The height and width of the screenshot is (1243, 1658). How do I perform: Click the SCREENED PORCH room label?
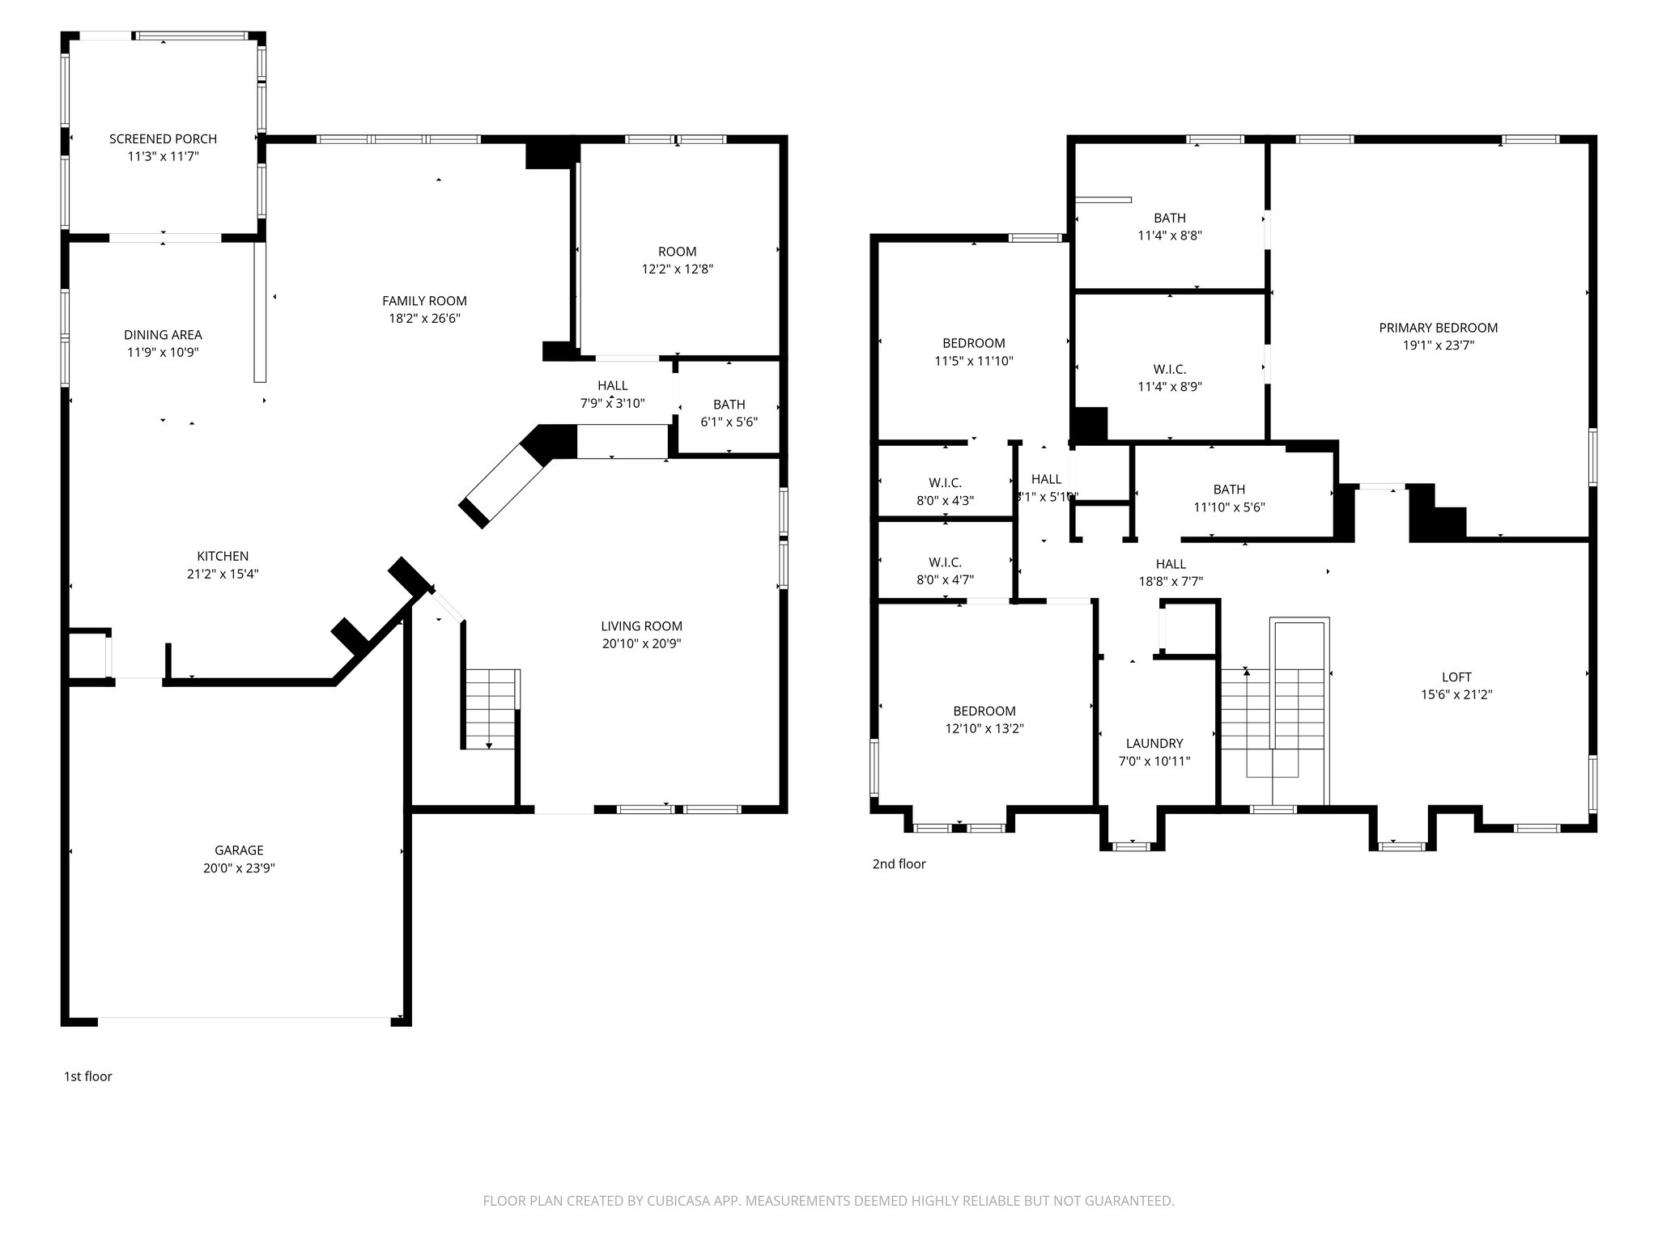pyautogui.click(x=163, y=139)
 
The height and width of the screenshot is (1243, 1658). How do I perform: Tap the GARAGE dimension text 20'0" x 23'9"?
pyautogui.click(x=239, y=868)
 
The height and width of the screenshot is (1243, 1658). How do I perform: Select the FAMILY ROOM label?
pyautogui.click(x=424, y=301)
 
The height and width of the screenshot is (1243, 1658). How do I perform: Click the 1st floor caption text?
pyautogui.click(x=87, y=1076)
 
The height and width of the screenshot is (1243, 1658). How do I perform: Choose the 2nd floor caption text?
pyautogui.click(x=899, y=863)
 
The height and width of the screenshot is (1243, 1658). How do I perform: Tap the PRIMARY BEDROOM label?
pyautogui.click(x=1438, y=328)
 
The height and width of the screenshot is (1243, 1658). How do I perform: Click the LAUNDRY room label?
pyautogui.click(x=1154, y=743)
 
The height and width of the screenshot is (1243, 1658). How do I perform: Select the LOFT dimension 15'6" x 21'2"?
pyautogui.click(x=1456, y=694)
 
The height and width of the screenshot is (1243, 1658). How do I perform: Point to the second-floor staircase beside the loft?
pyautogui.click(x=1274, y=712)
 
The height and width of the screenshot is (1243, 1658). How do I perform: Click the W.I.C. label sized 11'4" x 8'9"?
pyautogui.click(x=1170, y=369)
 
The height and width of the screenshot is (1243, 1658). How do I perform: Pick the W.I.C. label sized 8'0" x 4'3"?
pyautogui.click(x=945, y=483)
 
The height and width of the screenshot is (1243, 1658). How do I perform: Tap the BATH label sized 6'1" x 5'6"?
pyautogui.click(x=729, y=405)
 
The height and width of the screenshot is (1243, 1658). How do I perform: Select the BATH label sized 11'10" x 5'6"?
pyautogui.click(x=1229, y=490)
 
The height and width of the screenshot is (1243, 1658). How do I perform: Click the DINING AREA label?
pyautogui.click(x=163, y=335)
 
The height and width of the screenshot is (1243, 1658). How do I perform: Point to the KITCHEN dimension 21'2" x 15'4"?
pyautogui.click(x=223, y=575)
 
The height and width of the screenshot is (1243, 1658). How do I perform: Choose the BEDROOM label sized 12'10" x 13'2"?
pyautogui.click(x=984, y=711)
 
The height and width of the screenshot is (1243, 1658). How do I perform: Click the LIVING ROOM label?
pyautogui.click(x=641, y=626)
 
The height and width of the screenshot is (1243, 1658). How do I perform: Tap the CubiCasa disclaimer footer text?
pyautogui.click(x=828, y=1201)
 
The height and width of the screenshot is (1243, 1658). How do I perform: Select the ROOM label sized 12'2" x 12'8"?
pyautogui.click(x=677, y=252)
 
